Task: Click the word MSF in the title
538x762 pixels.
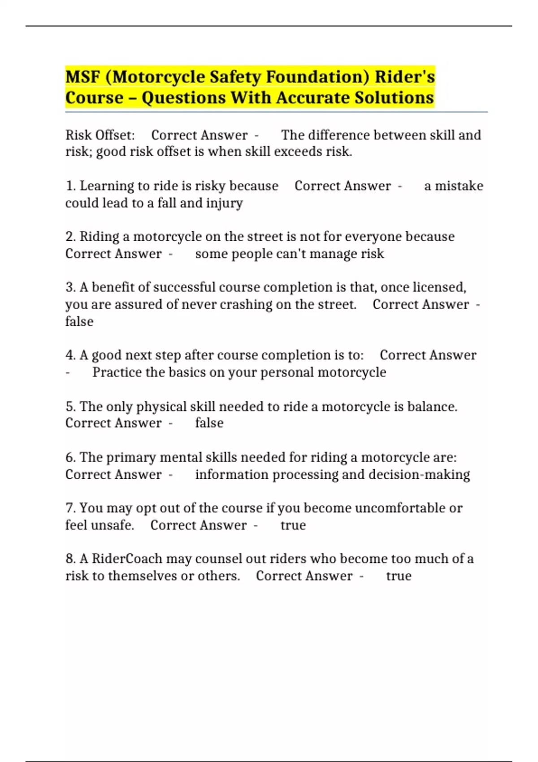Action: [82, 77]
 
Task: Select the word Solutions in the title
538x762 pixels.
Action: [394, 98]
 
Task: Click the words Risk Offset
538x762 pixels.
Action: [100, 135]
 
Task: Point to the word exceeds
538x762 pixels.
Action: [298, 152]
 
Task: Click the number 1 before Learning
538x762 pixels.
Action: [69, 186]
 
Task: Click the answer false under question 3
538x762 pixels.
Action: [79, 321]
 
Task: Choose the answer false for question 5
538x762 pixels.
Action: [209, 423]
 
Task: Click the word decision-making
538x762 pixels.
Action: [419, 474]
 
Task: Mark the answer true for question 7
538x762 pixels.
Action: [293, 525]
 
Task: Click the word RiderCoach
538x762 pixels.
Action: [127, 559]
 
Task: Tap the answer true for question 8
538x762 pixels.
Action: [399, 576]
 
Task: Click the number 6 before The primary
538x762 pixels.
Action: [69, 457]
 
